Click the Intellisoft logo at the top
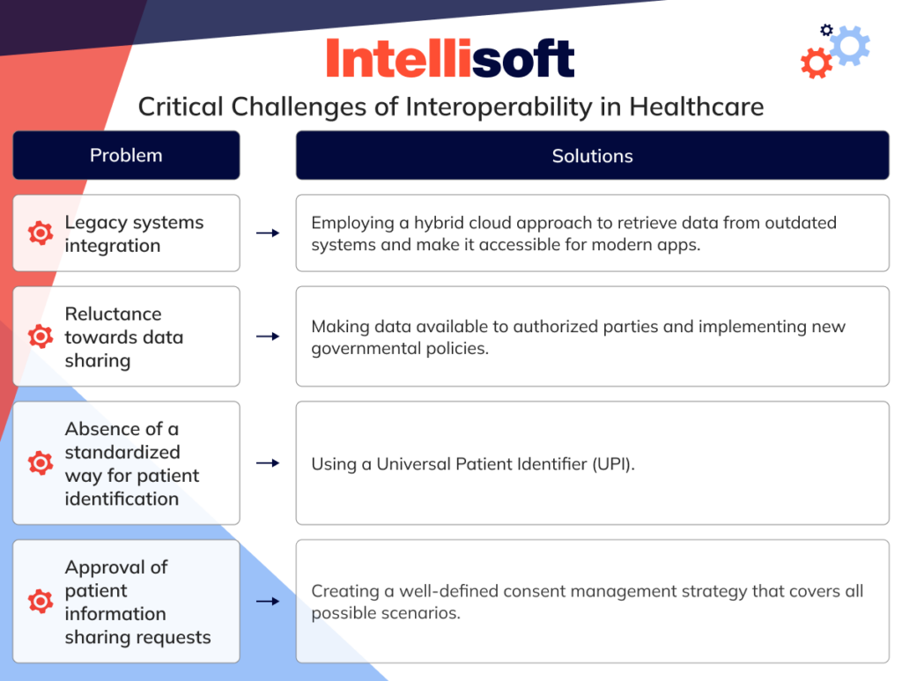[450, 58]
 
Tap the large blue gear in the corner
[849, 45]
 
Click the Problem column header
[126, 156]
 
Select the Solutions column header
[592, 156]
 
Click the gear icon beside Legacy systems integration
[41, 233]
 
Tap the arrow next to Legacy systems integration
[268, 233]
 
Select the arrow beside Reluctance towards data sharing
[268, 337]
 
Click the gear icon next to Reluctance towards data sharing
[41, 337]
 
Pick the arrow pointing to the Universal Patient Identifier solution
[268, 463]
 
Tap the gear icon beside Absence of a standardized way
[41, 463]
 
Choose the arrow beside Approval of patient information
[268, 602]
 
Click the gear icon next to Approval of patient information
[41, 602]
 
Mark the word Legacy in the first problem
[93, 223]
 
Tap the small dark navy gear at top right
[826, 30]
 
